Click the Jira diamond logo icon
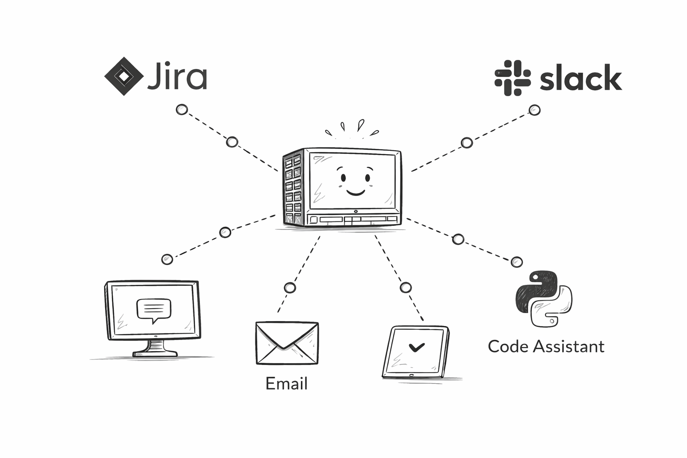pyautogui.click(x=124, y=76)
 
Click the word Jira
pyautogui.click(x=177, y=77)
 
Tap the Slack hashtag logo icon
pyautogui.click(x=512, y=78)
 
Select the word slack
pyautogui.click(x=581, y=78)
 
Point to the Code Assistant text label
pyautogui.click(x=546, y=347)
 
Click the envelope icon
pyautogui.click(x=287, y=343)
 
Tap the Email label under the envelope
pyautogui.click(x=286, y=384)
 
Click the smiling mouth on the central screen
pyautogui.click(x=356, y=192)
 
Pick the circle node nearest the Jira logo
pyautogui.click(x=182, y=110)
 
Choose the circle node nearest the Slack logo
pyautogui.click(x=534, y=110)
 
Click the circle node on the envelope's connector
pyautogui.click(x=290, y=288)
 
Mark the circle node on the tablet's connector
pyautogui.click(x=406, y=287)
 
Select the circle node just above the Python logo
pyautogui.click(x=517, y=262)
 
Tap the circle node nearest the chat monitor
pyautogui.click(x=167, y=259)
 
